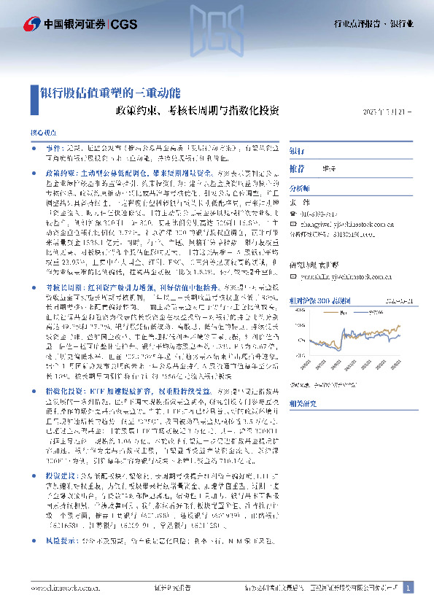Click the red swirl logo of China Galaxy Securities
[31, 24]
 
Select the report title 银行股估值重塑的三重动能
[109, 93]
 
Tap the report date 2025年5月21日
[387, 112]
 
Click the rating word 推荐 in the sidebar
[297, 168]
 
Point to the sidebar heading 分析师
[300, 187]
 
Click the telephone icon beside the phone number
[293, 213]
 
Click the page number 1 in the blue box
[408, 587]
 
